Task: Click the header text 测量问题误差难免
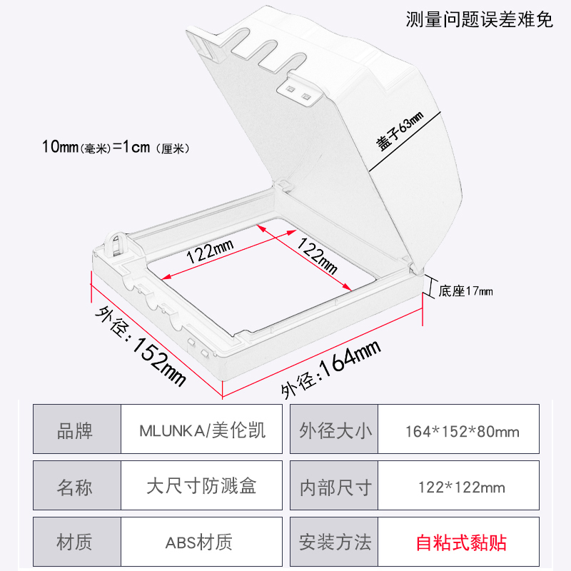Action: (479, 19)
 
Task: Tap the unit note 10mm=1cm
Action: (114, 148)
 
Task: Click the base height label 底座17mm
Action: (465, 290)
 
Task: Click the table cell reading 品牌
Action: (75, 430)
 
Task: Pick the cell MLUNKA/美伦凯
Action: (202, 430)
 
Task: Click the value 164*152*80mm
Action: (462, 431)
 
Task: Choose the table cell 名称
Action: (75, 487)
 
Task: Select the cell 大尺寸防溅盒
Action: (202, 487)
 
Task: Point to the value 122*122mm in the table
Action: (462, 487)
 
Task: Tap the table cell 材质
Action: (75, 542)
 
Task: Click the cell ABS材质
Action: (202, 542)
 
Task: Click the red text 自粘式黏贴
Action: (462, 542)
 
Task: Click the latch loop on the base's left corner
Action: (115, 243)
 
